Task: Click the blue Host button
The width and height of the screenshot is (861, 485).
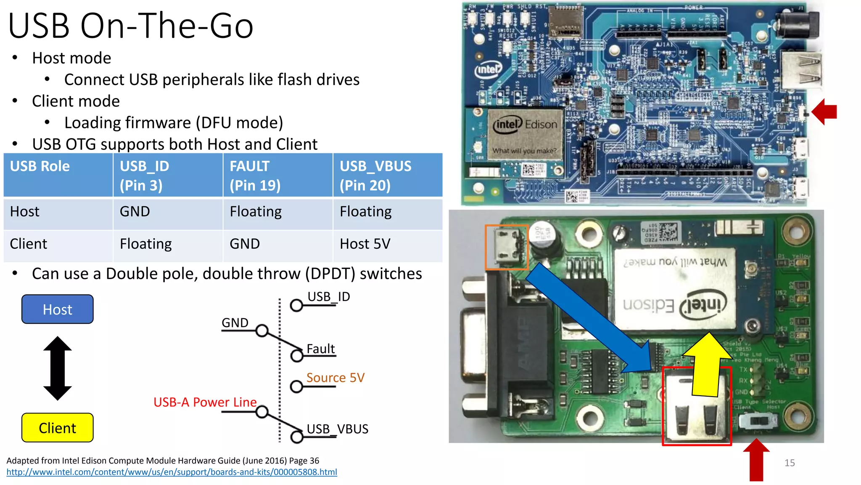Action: pyautogui.click(x=58, y=309)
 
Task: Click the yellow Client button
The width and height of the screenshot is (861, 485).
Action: pyautogui.click(x=58, y=428)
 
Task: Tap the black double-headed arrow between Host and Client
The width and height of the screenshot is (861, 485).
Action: pyautogui.click(x=58, y=368)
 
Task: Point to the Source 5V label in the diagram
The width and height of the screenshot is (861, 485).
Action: pyautogui.click(x=335, y=378)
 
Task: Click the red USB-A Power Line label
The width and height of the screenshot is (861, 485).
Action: pyautogui.click(x=205, y=402)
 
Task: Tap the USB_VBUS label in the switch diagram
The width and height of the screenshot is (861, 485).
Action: pyautogui.click(x=337, y=429)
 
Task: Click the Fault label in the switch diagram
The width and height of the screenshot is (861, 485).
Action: pyautogui.click(x=320, y=349)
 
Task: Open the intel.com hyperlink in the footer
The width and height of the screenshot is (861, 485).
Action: pyautogui.click(x=172, y=472)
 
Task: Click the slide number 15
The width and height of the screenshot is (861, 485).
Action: pyautogui.click(x=789, y=463)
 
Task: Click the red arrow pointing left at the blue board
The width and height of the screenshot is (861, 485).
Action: pyautogui.click(x=825, y=112)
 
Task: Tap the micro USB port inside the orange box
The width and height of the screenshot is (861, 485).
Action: pyautogui.click(x=506, y=247)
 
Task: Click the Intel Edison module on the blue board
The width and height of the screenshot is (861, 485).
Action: pyautogui.click(x=525, y=134)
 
